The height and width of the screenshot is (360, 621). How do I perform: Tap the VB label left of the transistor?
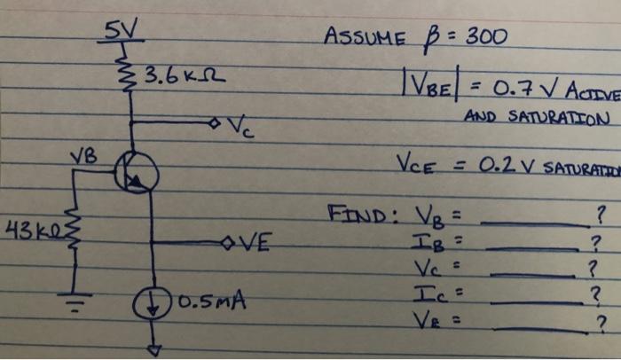84,160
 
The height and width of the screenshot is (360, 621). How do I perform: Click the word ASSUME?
366,39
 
